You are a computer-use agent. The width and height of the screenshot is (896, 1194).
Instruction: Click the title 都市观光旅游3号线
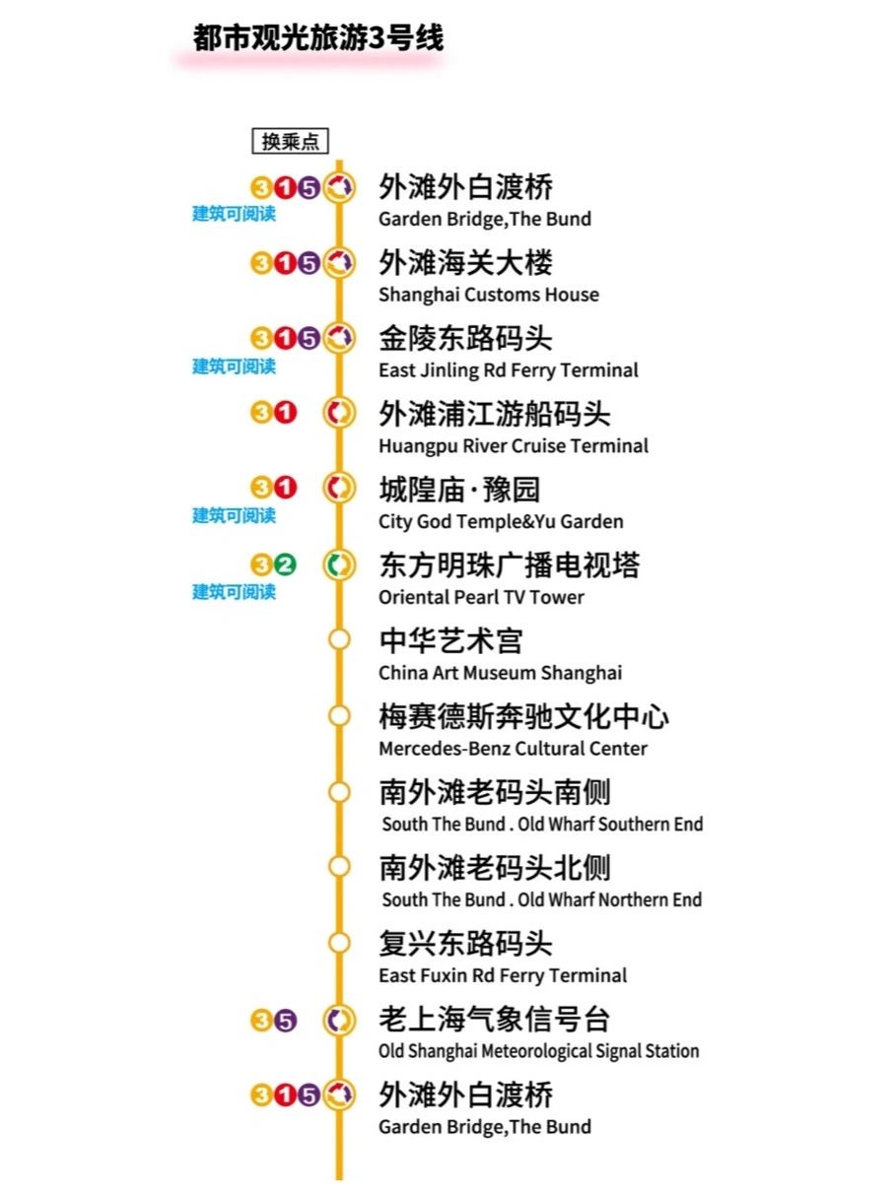[317, 37]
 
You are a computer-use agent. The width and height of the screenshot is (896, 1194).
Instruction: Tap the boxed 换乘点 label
[290, 142]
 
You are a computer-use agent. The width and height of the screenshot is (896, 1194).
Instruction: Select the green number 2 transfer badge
[285, 565]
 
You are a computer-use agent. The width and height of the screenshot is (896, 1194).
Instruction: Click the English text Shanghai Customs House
[488, 295]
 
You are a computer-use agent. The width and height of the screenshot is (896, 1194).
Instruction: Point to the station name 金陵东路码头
[465, 339]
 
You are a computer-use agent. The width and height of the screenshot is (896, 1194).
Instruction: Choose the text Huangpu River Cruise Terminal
[513, 446]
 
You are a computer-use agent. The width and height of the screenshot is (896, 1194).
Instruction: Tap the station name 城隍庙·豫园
[459, 490]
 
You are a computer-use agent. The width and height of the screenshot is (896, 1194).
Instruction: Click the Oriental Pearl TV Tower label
[481, 597]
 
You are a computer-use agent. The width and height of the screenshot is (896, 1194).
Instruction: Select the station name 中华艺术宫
[450, 641]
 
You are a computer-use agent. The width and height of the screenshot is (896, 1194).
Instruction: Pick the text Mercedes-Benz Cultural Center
[513, 749]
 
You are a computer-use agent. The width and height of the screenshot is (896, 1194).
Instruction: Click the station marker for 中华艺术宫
[339, 640]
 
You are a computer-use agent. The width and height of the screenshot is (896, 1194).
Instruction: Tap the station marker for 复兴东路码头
[339, 943]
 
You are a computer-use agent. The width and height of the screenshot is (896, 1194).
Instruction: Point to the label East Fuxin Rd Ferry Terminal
[503, 975]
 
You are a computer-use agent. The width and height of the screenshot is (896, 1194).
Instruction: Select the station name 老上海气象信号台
[495, 1020]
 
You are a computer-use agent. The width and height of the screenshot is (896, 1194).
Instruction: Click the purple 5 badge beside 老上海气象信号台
[285, 1021]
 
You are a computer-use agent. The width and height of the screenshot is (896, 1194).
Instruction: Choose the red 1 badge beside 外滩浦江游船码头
[285, 414]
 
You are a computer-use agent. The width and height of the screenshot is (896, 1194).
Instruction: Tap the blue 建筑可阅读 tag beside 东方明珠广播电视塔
[234, 592]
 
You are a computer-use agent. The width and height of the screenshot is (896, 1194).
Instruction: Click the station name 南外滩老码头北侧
[495, 868]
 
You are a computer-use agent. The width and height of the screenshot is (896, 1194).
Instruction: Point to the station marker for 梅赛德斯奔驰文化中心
[339, 716]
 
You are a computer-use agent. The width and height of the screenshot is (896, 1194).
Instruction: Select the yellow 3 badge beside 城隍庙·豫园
[261, 487]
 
